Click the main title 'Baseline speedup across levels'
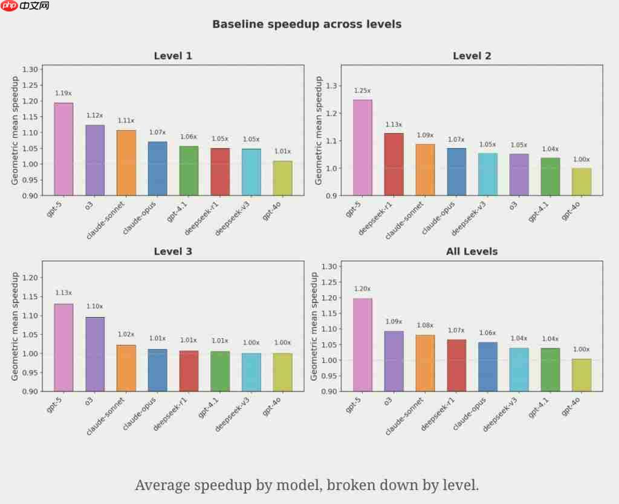tap(306, 24)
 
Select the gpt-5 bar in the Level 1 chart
tap(63, 149)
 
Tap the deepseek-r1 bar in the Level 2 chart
tap(394, 164)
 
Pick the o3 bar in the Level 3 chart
tap(95, 354)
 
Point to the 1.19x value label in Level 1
tap(63, 93)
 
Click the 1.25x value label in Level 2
tap(362, 91)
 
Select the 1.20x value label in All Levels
tap(362, 289)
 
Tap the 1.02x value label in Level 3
tap(126, 335)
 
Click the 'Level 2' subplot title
tap(472, 56)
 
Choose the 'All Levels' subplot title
tap(472, 252)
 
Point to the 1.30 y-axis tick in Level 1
tap(30, 70)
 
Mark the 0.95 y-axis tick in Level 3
tap(30, 372)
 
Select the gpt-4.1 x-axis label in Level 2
tap(539, 212)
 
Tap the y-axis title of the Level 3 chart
tap(15, 326)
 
